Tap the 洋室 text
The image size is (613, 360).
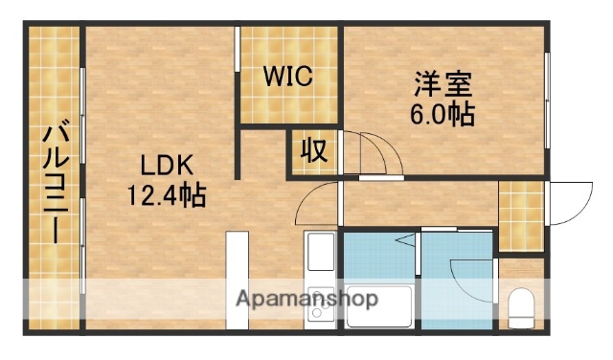(443, 83)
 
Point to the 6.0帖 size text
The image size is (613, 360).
(443, 114)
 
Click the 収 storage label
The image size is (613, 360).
(313, 152)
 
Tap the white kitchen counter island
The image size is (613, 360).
(237, 278)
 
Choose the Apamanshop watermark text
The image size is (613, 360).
(306, 299)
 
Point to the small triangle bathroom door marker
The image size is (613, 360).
(407, 239)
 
